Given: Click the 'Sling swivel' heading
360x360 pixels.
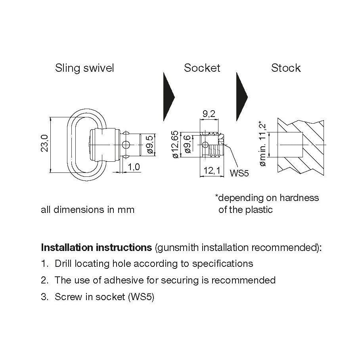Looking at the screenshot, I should [84, 68].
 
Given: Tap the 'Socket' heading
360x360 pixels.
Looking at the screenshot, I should [202, 68].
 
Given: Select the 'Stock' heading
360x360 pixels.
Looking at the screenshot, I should [286, 68].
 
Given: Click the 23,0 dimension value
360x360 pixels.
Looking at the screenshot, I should [44, 144].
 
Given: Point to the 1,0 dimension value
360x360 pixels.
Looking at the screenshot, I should [134, 167].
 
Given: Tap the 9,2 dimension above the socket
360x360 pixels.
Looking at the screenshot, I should [209, 115].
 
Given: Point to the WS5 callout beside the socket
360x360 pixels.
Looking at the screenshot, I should [239, 173].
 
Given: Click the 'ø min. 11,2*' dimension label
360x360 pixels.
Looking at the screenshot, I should [263, 144].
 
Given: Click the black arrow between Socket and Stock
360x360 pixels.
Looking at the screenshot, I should [241, 96].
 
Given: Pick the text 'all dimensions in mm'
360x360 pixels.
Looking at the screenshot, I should [88, 210].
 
